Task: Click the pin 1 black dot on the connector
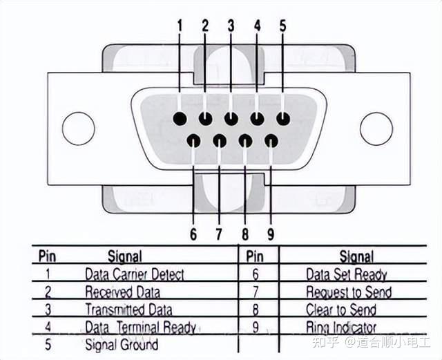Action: click(180, 118)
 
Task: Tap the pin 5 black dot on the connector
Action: click(282, 118)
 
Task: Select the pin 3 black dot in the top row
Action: click(231, 118)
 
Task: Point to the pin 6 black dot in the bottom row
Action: click(193, 141)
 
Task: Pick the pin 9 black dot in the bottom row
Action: click(271, 141)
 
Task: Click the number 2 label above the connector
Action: click(204, 26)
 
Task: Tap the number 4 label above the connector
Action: click(257, 26)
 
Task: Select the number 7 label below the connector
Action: click(219, 234)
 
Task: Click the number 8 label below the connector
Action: click(244, 234)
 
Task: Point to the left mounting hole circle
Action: click(78, 129)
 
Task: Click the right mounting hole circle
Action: click(376, 129)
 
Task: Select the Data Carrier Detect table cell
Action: click(134, 274)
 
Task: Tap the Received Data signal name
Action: click(122, 292)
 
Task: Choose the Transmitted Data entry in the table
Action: click(128, 310)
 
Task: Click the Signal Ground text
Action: click(121, 343)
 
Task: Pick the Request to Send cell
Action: click(348, 292)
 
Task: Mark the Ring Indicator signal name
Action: click(341, 327)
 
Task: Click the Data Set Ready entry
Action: click(346, 274)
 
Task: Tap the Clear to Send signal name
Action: click(341, 310)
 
